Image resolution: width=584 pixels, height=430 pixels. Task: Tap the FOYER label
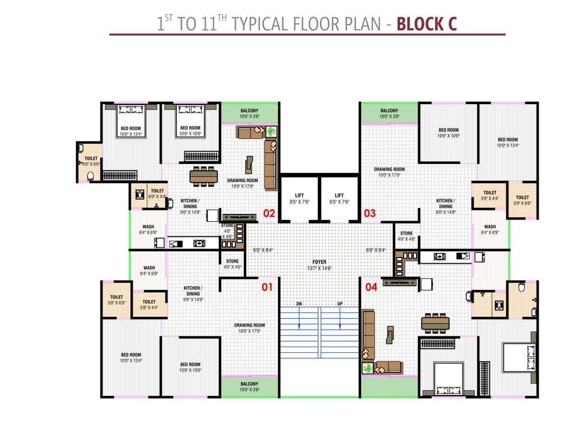[319, 261]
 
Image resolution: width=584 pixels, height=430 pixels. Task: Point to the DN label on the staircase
[300, 303]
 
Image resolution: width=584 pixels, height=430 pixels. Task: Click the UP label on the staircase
[340, 303]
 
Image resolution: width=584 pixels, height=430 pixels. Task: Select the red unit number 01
[267, 287]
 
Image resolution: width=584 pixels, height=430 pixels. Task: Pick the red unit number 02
[269, 213]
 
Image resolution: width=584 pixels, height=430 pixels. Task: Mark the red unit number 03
[370, 213]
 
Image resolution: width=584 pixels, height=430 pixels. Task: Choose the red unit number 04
[371, 287]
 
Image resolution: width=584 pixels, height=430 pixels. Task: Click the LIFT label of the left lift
[300, 195]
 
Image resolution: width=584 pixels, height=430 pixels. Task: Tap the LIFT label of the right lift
[339, 195]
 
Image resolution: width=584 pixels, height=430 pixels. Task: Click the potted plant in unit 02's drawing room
[272, 132]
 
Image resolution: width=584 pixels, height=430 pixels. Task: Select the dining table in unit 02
[204, 176]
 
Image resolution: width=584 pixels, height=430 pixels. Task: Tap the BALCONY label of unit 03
[389, 111]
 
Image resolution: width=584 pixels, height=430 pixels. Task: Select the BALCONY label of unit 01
[249, 384]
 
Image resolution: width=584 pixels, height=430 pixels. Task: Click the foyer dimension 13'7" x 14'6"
[319, 268]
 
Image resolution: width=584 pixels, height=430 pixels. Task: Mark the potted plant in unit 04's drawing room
[368, 368]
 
